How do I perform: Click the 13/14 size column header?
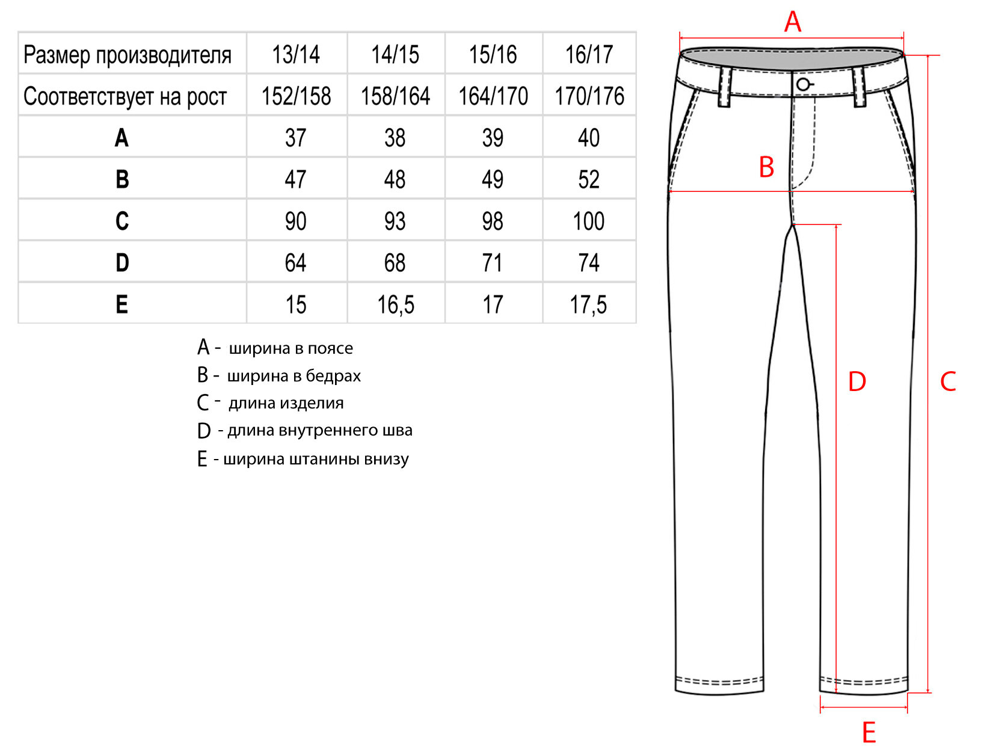[296, 55]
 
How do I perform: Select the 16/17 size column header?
[589, 55]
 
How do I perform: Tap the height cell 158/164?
[395, 96]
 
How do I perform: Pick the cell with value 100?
[589, 221]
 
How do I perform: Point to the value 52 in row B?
[589, 179]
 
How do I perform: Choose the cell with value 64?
[296, 263]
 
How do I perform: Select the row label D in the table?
[122, 263]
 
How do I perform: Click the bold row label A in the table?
[122, 138]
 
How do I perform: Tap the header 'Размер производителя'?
[128, 55]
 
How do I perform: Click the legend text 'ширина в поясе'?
[290, 348]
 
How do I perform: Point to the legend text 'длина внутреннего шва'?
[319, 430]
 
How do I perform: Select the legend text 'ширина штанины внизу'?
[316, 459]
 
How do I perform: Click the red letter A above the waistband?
[793, 22]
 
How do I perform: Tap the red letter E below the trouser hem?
[868, 733]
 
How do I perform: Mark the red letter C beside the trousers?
[948, 381]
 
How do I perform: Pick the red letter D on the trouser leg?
[857, 381]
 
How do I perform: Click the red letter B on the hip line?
[766, 167]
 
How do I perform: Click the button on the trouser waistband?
[803, 84]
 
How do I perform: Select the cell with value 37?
[296, 138]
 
